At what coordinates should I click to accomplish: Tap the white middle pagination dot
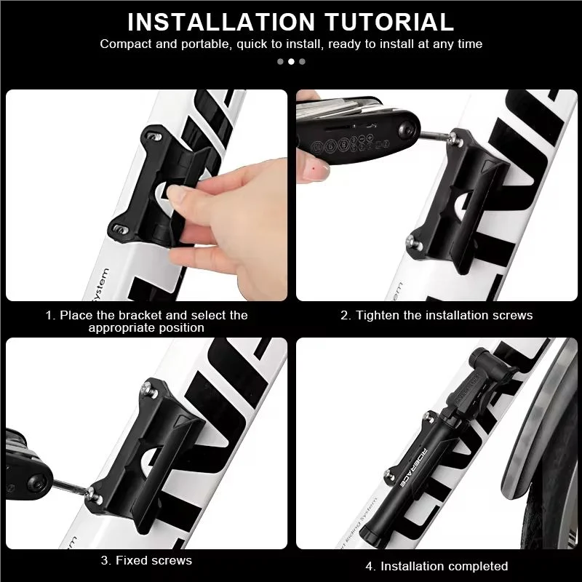291,61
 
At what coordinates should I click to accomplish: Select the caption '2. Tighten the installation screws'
436,315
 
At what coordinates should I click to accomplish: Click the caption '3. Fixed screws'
146,560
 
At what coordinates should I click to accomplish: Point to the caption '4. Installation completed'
436,566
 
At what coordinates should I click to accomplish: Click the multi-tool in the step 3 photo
25,458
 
